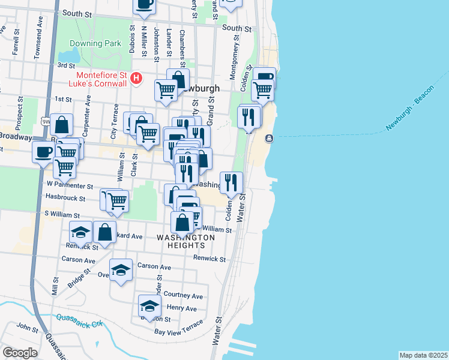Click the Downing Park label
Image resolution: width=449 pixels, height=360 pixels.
tap(95, 43)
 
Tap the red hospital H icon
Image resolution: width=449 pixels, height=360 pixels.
tap(137, 78)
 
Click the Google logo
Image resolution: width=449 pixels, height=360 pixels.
tap(20, 353)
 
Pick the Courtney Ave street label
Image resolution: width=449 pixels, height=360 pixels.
tap(183, 296)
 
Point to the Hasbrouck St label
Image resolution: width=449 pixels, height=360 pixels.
tap(65, 197)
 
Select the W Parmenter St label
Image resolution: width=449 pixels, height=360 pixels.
tap(70, 186)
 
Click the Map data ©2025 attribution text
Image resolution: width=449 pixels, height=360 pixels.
tap(423, 355)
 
